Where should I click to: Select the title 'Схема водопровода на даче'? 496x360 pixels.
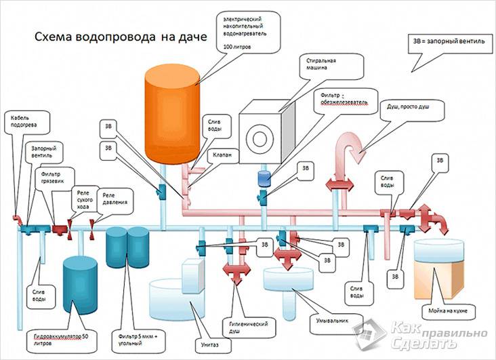[x=112, y=39]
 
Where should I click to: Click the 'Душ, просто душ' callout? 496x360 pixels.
[x=409, y=111]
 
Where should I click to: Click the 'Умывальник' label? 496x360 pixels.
[x=331, y=315]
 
